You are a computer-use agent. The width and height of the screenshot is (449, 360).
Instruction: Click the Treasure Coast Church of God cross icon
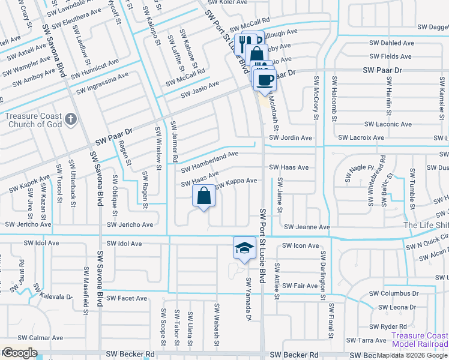point(70,119)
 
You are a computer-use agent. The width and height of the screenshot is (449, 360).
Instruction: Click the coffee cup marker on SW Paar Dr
point(265,78)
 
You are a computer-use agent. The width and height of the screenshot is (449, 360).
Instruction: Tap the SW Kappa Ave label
point(236,181)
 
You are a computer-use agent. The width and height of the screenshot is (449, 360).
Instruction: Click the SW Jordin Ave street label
point(291,137)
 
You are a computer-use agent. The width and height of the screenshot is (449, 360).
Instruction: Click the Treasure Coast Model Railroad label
point(419,340)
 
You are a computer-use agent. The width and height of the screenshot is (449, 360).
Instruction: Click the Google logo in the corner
point(19,353)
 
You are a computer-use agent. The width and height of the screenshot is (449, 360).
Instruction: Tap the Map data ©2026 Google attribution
point(412,355)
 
